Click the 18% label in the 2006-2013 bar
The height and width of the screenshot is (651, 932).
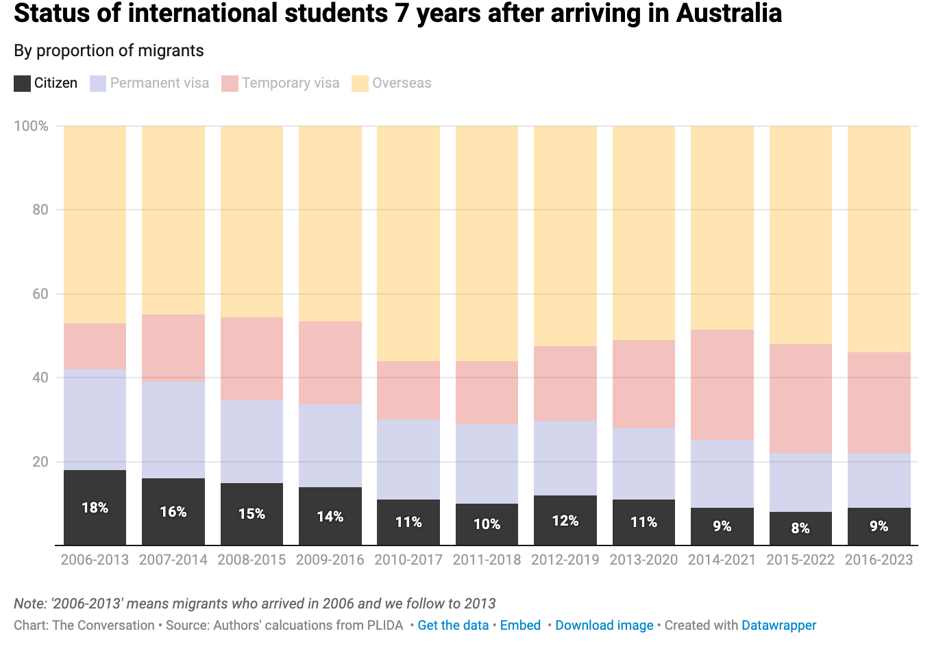pyautogui.click(x=95, y=508)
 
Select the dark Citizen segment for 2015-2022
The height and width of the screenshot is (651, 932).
pyautogui.click(x=800, y=528)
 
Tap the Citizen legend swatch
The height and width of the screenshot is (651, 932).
pyautogui.click(x=23, y=84)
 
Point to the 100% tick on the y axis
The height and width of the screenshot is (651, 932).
pyautogui.click(x=32, y=126)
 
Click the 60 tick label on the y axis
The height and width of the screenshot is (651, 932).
pyautogui.click(x=40, y=294)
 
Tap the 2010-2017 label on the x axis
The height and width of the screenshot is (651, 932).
pyautogui.click(x=408, y=560)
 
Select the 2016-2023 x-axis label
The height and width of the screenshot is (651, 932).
pyautogui.click(x=879, y=560)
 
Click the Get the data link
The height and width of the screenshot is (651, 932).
pyautogui.click(x=453, y=625)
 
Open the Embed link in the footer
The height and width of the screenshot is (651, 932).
pyautogui.click(x=520, y=625)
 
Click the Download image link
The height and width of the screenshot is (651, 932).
pyautogui.click(x=604, y=625)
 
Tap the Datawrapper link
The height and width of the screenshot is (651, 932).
pyautogui.click(x=778, y=625)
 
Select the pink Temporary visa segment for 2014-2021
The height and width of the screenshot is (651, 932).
pyautogui.click(x=722, y=384)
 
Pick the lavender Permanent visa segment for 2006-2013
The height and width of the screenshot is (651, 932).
pyautogui.click(x=95, y=419)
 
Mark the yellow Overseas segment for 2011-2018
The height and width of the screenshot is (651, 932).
pyautogui.click(x=487, y=243)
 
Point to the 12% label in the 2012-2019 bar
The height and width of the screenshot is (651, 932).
pyautogui.click(x=565, y=521)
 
